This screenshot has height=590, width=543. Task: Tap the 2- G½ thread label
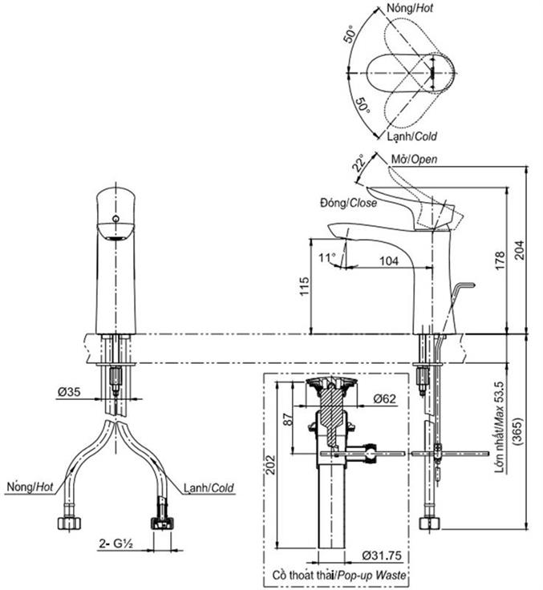[x=116, y=542]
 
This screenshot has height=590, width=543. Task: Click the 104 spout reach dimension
[x=389, y=261]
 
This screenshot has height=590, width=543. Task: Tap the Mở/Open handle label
[x=414, y=159]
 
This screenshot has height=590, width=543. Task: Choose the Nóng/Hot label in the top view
[x=409, y=7]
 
